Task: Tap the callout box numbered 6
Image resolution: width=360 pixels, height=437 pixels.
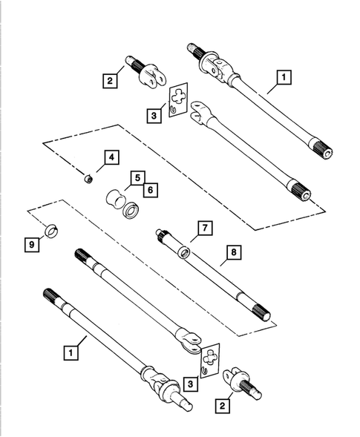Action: click(150, 190)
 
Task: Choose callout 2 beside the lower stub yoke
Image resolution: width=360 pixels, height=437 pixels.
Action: click(221, 406)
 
